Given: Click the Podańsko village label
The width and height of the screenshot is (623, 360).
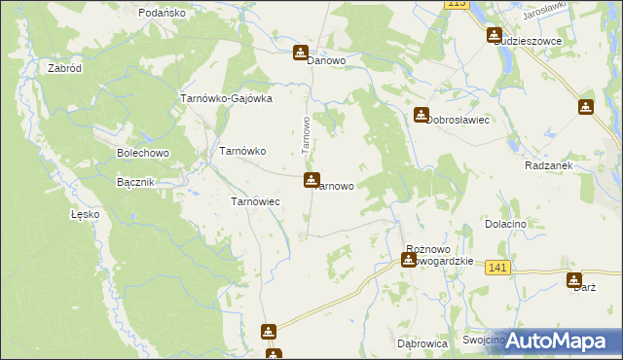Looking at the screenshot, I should click(162, 13).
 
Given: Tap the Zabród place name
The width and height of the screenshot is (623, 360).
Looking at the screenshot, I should click(64, 69).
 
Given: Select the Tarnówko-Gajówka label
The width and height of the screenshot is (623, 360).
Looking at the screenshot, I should click(226, 98).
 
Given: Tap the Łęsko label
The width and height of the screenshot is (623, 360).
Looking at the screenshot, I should click(86, 214).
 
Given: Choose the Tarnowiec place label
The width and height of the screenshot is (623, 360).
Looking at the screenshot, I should click(255, 201).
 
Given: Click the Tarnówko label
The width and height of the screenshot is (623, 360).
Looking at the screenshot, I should click(242, 151).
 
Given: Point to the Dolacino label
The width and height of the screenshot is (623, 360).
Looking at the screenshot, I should click(505, 224).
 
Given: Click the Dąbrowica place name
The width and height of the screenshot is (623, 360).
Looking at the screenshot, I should click(421, 343).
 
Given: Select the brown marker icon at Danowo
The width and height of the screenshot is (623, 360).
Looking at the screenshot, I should click(302, 53).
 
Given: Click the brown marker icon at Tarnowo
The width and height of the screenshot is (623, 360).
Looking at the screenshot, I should click(311, 180).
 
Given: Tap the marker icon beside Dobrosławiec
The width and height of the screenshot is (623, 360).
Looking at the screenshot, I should click(421, 114).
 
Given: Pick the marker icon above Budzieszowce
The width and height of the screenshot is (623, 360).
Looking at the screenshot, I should click(494, 35).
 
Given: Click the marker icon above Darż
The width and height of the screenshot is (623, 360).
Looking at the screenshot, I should click(574, 280).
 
